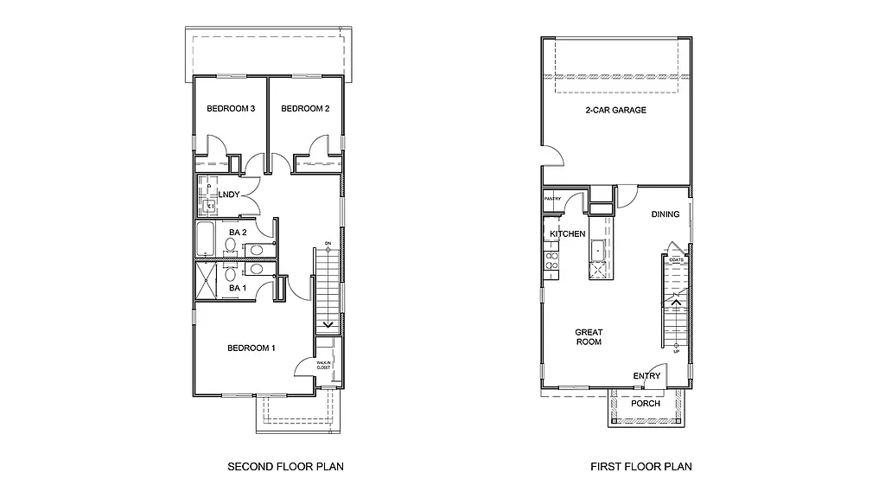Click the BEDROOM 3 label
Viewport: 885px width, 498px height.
click(x=230, y=109)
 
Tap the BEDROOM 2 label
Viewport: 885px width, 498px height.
click(x=305, y=109)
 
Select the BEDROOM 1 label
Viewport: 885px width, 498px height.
click(x=251, y=348)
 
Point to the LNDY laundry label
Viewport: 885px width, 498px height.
click(x=229, y=195)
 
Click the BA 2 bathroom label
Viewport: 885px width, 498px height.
click(x=239, y=233)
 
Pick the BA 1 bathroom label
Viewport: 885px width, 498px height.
click(x=239, y=288)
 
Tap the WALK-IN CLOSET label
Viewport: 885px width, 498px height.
click(x=323, y=366)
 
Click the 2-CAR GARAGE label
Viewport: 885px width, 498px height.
click(x=615, y=111)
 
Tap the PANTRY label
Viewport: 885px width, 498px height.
click(x=553, y=200)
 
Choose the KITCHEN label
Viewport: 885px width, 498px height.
click(x=568, y=234)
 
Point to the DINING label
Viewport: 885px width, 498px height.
click(x=665, y=215)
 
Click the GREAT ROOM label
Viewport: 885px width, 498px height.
click(x=589, y=337)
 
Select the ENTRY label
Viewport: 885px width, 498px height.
click(x=646, y=376)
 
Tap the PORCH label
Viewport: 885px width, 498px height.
click(x=646, y=404)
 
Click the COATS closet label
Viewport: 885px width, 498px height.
click(x=675, y=259)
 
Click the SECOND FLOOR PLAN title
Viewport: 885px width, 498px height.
click(x=285, y=467)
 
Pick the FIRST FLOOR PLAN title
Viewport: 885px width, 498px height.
click(x=640, y=467)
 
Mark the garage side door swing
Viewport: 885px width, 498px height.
click(x=553, y=156)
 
